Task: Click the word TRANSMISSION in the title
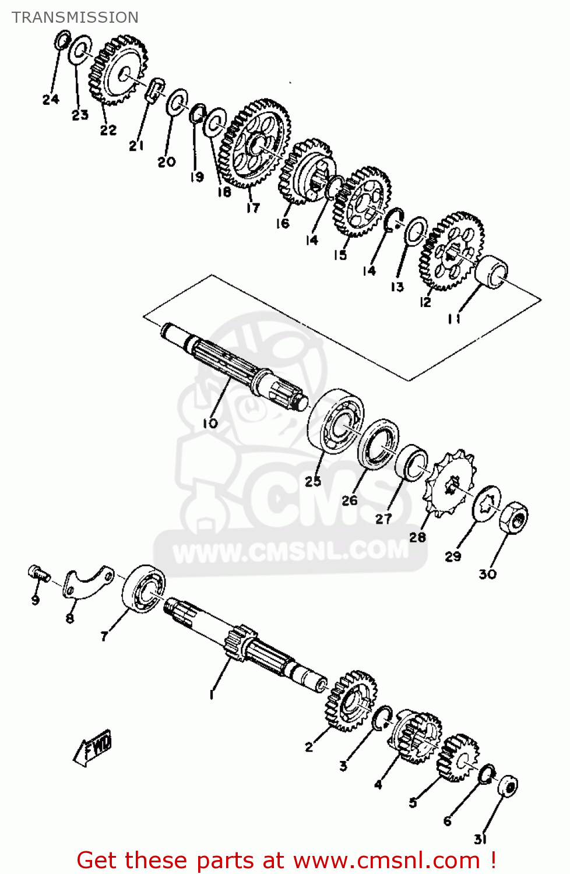pos(75,17)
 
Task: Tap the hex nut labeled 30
pos(513,516)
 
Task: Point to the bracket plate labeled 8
pos(87,582)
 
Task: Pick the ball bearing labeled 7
pos(143,588)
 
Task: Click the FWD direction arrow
pos(93,747)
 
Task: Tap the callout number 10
pos(210,424)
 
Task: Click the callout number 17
pos(252,207)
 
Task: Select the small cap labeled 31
pos(509,787)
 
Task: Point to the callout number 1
pos(212,695)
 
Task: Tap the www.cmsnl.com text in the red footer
pos(386,860)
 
